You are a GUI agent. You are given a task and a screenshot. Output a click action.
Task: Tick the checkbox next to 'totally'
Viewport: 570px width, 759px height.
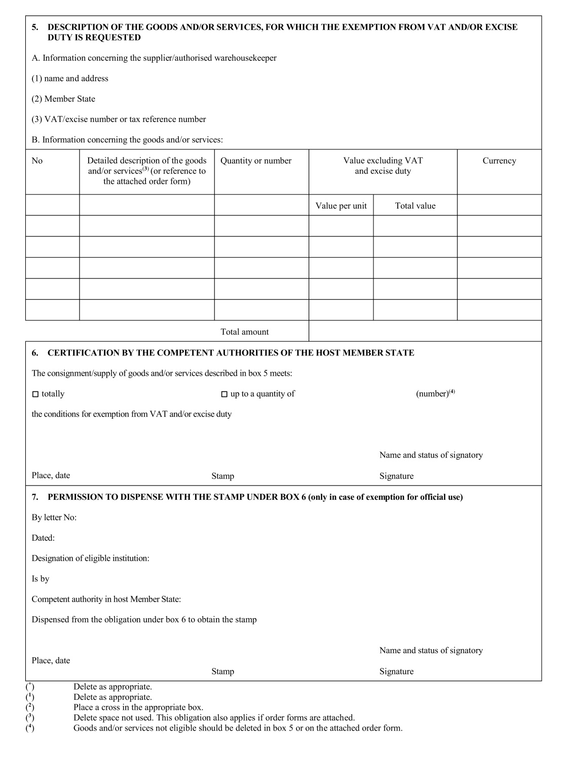(35, 394)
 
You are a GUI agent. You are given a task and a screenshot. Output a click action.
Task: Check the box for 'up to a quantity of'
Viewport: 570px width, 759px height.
(224, 394)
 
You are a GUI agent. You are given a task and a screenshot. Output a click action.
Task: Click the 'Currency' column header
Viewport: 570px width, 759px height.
(499, 161)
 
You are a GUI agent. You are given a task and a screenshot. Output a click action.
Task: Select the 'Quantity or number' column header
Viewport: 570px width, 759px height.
(256, 161)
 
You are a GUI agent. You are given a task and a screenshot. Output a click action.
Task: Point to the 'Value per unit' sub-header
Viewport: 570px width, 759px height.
(341, 206)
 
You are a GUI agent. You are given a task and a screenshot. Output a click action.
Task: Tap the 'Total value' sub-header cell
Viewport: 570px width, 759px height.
(415, 206)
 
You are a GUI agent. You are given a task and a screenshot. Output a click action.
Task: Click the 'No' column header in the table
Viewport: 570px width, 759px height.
(37, 161)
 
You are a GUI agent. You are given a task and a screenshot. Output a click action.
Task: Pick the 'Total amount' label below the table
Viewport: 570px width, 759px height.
(245, 332)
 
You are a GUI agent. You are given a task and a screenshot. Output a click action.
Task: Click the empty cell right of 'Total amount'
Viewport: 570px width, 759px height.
(425, 331)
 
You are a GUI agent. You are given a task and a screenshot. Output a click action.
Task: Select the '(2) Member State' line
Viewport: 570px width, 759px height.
(63, 99)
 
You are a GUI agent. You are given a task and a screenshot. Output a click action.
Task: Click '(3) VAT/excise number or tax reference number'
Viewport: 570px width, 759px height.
(119, 119)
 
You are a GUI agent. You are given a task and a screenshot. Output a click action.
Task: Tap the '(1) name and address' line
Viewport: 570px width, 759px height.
(70, 78)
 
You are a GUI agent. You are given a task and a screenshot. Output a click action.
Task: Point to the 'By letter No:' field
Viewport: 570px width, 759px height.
(54, 517)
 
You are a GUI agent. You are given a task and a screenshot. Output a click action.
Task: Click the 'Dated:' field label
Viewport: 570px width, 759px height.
(43, 538)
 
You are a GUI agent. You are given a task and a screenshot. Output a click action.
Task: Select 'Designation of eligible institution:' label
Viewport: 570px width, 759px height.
(90, 558)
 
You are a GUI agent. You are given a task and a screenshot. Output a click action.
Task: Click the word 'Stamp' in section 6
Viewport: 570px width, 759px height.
(222, 476)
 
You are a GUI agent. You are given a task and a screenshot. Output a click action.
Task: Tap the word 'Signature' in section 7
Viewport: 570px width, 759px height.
(396, 671)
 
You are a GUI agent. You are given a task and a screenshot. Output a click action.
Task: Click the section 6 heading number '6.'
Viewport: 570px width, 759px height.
(35, 353)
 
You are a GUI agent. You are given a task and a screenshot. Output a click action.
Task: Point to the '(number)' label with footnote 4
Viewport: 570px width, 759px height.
(435, 393)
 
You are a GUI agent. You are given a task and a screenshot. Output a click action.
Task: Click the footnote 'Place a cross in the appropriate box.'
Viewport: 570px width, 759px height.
(138, 707)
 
